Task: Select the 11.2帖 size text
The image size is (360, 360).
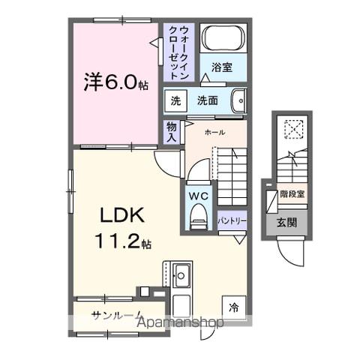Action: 123,243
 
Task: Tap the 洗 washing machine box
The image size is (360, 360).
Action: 175,100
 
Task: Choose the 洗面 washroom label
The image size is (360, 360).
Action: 207,100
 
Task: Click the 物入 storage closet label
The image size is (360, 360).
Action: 172,132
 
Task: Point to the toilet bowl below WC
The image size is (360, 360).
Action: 198,218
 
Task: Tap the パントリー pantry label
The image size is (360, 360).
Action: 231,221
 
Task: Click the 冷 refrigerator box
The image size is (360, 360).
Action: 233,306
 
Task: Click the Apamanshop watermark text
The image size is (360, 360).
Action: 180,323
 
